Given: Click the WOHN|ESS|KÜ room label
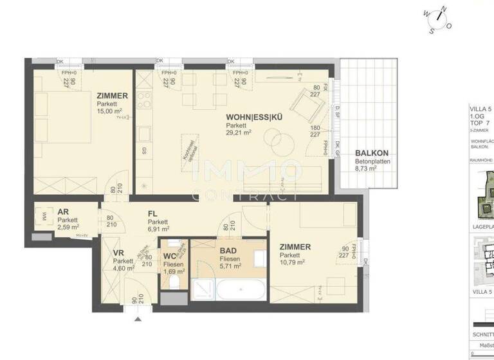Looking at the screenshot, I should click(x=254, y=117).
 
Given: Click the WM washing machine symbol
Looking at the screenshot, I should click(x=44, y=216).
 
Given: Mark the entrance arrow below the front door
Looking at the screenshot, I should click(x=136, y=318).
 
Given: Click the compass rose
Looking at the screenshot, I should click(x=437, y=17).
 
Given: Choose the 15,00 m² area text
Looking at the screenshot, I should click(x=109, y=111).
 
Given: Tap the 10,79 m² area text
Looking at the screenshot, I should click(x=291, y=262).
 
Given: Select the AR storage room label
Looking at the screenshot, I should click(x=63, y=212).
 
